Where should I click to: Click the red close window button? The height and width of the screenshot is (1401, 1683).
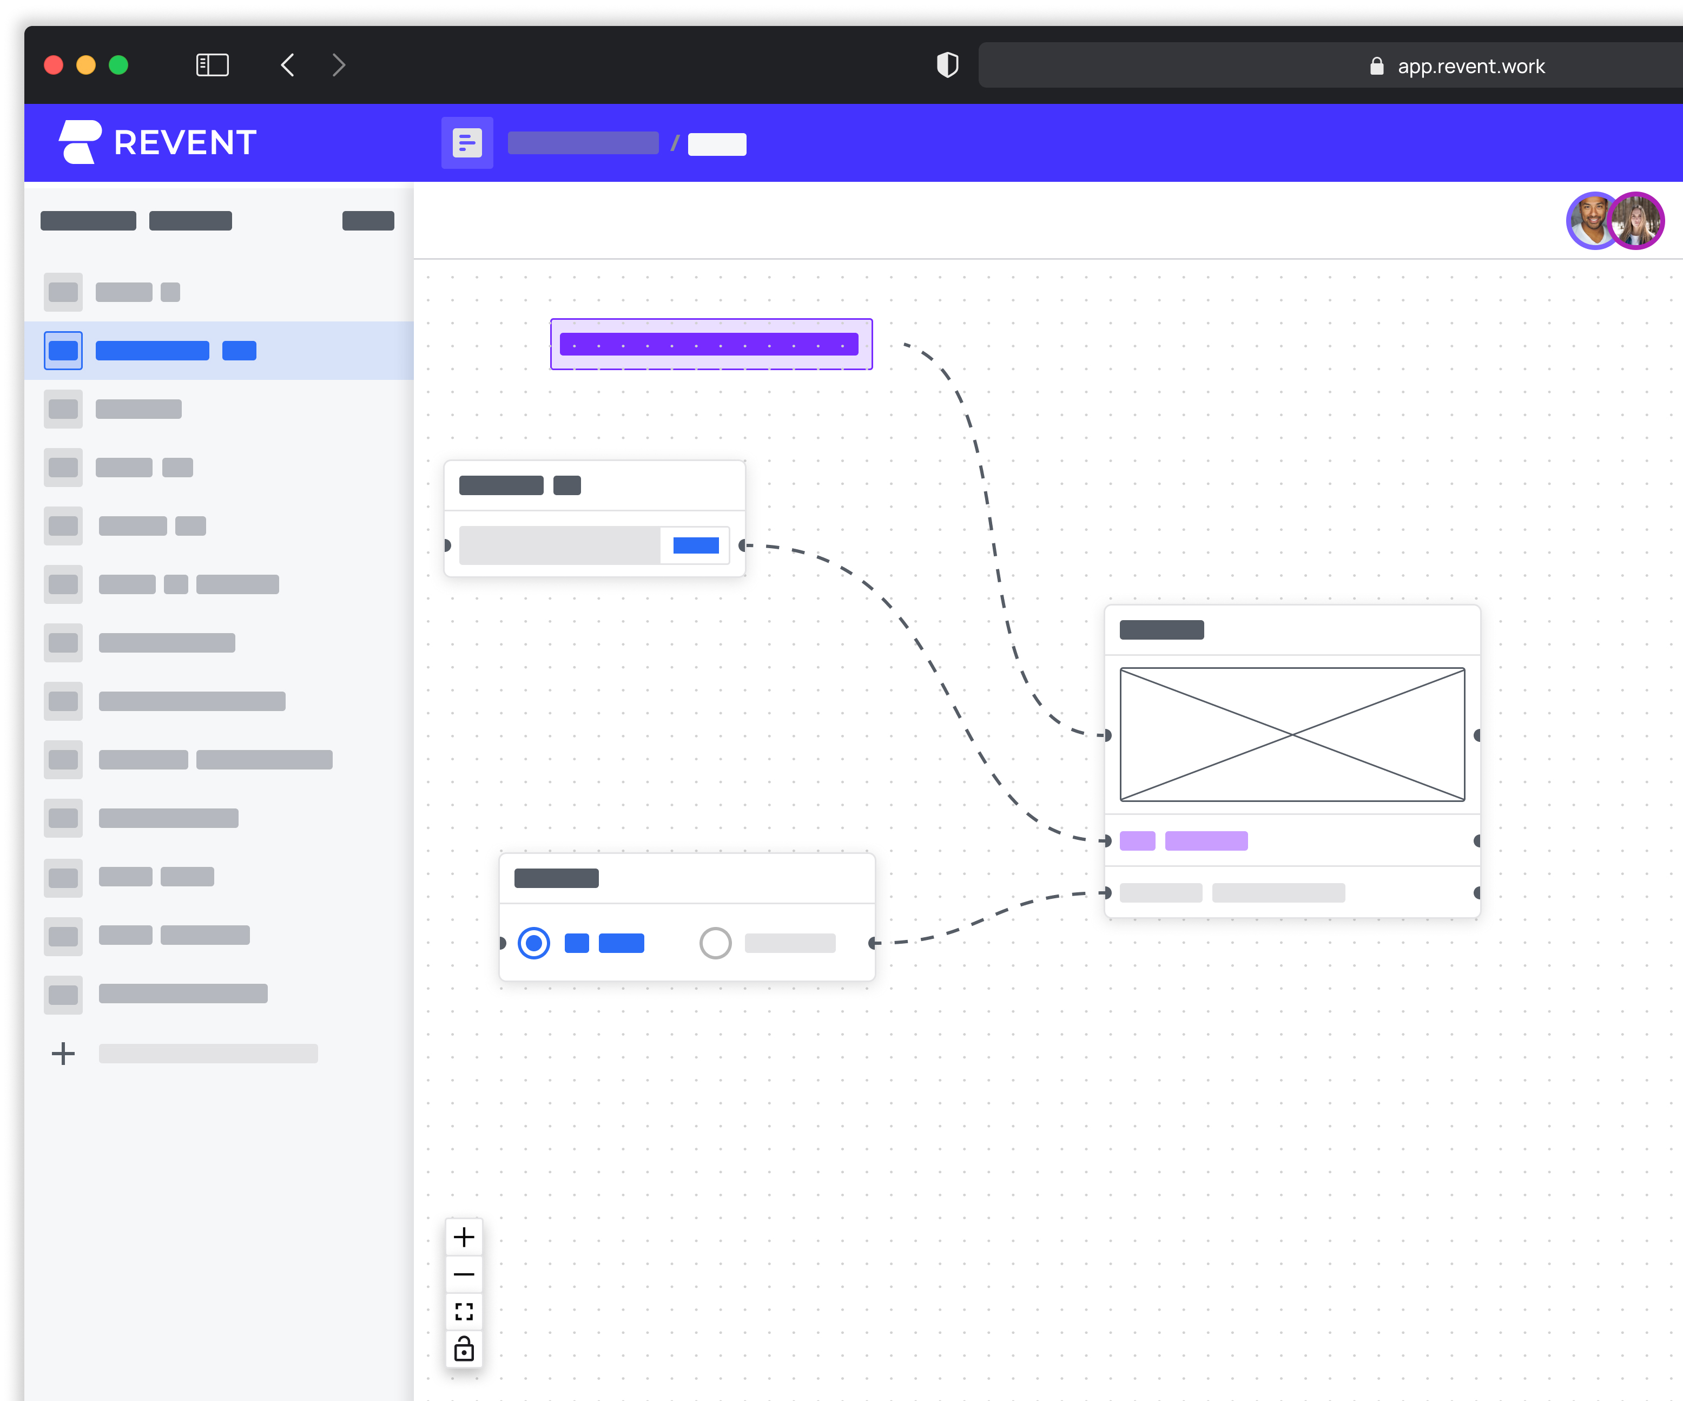tap(54, 65)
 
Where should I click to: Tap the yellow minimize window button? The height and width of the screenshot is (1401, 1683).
tap(86, 65)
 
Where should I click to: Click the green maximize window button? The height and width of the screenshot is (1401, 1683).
tap(118, 65)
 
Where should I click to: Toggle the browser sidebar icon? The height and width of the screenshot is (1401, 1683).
tap(213, 65)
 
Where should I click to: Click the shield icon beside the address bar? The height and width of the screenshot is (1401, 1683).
tap(947, 65)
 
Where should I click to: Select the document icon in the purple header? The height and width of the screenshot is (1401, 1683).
tap(467, 143)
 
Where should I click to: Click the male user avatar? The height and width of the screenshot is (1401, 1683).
tap(1591, 220)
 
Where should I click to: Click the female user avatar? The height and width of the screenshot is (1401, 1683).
tap(1636, 220)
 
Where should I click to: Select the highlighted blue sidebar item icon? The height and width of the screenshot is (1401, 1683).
tap(63, 350)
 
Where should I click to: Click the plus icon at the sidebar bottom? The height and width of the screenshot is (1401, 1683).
tap(63, 1053)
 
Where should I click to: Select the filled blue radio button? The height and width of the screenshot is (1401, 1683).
tap(534, 943)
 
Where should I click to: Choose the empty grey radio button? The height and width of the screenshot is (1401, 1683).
tap(715, 943)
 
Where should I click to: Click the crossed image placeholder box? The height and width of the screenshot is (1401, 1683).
tap(1292, 734)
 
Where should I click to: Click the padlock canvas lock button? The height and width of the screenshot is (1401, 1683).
tap(464, 1349)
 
